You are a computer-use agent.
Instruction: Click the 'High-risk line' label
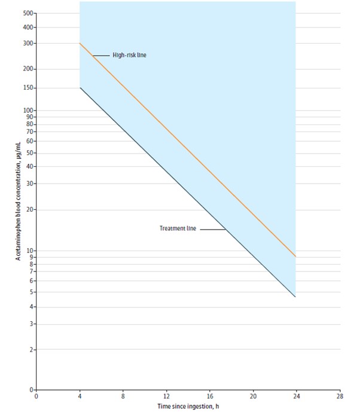pos(129,55)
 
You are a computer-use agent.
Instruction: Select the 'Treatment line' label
pos(178,228)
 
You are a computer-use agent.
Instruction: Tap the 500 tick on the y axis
pos(28,13)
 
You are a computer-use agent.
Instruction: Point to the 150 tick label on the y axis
pos(28,88)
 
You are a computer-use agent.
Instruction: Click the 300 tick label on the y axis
pos(28,43)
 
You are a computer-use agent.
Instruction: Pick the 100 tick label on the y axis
pos(28,111)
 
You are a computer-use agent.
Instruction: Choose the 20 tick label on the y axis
pos(29,209)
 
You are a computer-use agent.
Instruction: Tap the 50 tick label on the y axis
pos(29,153)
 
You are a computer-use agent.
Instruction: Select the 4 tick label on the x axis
pos(80,396)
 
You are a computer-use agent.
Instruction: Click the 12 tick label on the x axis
pos(166,396)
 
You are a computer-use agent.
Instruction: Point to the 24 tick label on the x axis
pos(296,396)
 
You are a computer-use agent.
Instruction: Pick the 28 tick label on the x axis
pos(340,396)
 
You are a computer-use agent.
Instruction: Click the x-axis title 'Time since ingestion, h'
pos(187,407)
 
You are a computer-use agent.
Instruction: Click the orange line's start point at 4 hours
pos(80,43)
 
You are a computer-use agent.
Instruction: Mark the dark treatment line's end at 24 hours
pos(296,297)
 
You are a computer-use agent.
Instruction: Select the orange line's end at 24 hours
pos(296,257)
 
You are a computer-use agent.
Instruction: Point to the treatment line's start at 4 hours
pos(80,88)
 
